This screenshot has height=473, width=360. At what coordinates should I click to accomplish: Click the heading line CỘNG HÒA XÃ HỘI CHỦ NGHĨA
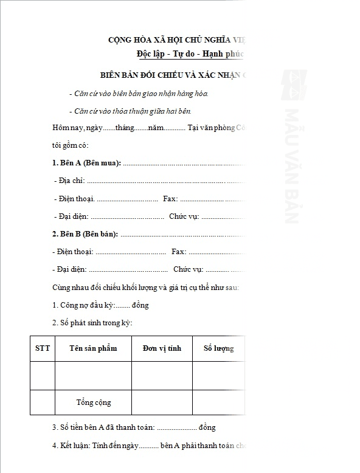tap(176, 40)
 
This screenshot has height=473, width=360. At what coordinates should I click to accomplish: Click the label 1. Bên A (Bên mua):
tap(86, 163)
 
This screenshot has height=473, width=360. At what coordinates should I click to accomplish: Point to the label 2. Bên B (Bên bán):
tap(85, 234)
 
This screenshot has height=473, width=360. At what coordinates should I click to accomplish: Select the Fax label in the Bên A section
tap(170, 199)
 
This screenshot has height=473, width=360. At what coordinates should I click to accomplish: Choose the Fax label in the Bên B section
tap(179, 252)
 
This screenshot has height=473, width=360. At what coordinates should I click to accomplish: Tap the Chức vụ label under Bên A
tap(183, 216)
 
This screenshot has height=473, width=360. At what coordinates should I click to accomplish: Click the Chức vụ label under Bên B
tap(188, 269)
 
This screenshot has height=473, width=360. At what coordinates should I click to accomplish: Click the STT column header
tap(43, 348)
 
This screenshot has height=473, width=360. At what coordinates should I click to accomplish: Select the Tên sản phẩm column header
tap(93, 348)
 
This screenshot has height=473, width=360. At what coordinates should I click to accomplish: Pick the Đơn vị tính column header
tap(162, 348)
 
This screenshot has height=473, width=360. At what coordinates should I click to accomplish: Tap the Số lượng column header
tap(218, 348)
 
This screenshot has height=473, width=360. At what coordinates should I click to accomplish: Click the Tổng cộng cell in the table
tap(93, 402)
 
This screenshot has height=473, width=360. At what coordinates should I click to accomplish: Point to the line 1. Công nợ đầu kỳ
tap(100, 305)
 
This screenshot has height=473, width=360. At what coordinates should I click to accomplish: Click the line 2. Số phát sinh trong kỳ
tap(92, 323)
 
